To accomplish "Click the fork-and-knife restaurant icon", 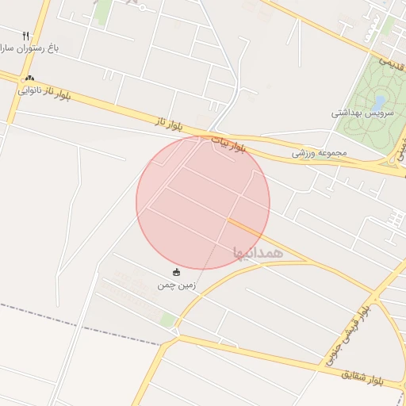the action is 25,36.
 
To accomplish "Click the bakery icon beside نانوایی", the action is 30,78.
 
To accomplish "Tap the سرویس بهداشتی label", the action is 358,113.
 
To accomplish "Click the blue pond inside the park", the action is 379,102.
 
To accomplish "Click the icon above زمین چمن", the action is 175,273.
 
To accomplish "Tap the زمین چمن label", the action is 176,284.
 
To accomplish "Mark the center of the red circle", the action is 203,202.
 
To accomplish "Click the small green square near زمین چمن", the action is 167,319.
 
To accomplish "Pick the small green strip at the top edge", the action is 102,10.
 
